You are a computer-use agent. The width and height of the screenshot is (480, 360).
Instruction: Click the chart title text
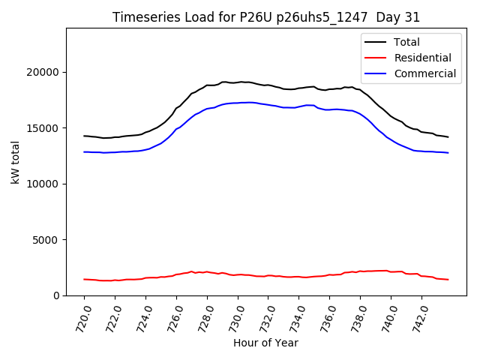click(266, 17)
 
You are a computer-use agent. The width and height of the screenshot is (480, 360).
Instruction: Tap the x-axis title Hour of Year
click(265, 343)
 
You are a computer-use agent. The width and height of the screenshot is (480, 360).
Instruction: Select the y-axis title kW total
click(15, 162)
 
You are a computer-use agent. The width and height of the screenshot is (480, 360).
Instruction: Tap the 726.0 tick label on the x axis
click(175, 316)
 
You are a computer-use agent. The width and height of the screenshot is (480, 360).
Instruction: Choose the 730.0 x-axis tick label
click(236, 316)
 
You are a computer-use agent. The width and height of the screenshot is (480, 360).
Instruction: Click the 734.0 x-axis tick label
click(298, 316)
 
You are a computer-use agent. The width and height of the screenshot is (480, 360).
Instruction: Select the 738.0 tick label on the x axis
click(359, 316)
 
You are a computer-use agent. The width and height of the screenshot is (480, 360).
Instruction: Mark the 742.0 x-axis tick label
click(421, 316)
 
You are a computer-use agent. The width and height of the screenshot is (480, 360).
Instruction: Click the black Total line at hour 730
click(238, 82)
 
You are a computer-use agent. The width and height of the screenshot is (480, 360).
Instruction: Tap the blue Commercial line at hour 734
click(299, 106)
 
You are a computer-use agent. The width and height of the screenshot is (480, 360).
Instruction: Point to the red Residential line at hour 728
click(207, 271)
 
